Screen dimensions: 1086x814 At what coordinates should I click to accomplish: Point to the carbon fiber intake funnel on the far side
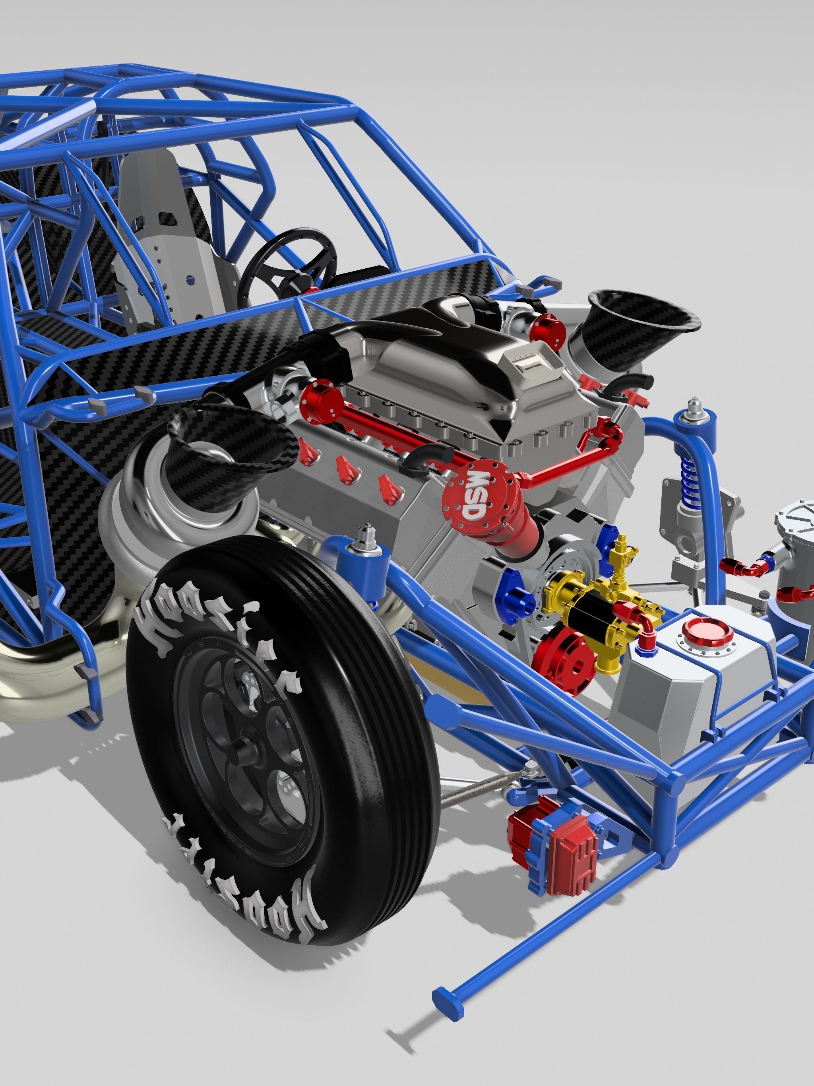[643, 314]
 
